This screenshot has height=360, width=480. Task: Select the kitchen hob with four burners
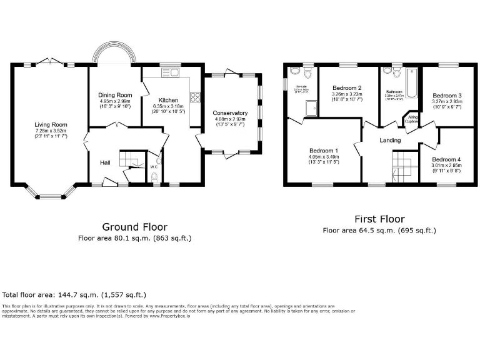195,97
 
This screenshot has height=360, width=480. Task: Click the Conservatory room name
231,113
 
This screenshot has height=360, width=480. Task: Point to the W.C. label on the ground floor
154,167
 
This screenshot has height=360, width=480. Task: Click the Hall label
105,162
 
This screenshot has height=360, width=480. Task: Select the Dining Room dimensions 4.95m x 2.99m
115,101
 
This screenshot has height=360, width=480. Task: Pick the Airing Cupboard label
412,119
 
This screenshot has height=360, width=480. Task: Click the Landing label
390,140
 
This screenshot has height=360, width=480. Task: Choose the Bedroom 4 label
445,159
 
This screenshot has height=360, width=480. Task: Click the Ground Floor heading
134,226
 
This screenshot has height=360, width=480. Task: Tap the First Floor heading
379,219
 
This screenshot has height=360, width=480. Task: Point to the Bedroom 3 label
447,95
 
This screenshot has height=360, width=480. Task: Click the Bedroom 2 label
347,87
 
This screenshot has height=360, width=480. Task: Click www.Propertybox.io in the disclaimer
170,317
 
